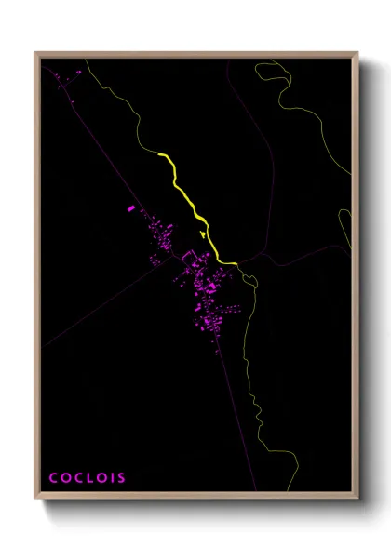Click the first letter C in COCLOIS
tap(53, 478)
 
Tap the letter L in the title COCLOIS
tap(87, 478)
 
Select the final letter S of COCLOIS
tap(121, 478)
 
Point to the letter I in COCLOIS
tap(111, 478)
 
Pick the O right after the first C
tap(64, 478)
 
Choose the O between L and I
tap(99, 478)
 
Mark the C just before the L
tap(76, 478)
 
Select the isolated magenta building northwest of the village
tap(130, 209)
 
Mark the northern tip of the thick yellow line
tap(160, 153)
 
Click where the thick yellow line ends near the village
tap(220, 260)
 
